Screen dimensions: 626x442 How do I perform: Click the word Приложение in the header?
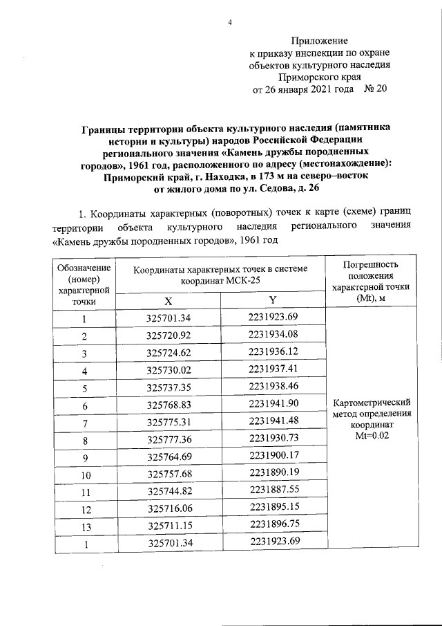[x=319, y=41]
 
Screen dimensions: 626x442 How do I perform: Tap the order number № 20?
[x=376, y=89]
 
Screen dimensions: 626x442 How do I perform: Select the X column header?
[x=168, y=300]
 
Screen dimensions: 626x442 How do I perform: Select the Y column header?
[x=273, y=300]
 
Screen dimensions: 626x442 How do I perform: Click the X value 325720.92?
[x=168, y=336]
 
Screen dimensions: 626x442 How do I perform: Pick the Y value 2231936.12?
[x=273, y=351]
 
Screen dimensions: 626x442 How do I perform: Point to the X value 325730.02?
[x=168, y=370]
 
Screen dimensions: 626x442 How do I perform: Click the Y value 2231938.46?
[x=273, y=386]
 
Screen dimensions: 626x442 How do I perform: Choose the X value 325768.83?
[x=168, y=405]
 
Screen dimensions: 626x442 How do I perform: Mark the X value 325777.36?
[x=168, y=439]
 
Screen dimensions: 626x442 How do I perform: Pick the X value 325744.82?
[x=168, y=491]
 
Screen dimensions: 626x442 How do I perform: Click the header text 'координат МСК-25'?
[x=220, y=282]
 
